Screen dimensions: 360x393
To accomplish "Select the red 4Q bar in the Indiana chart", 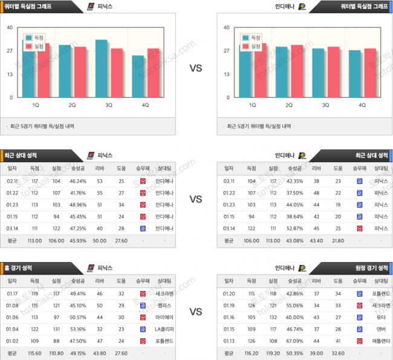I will coord(369,73).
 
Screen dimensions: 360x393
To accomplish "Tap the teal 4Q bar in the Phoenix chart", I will coord(138,76).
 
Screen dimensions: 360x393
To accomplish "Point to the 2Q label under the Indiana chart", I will coord(289,105).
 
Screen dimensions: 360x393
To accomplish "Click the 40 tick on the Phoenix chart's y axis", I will coord(10,28).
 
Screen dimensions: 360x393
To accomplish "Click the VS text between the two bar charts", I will coord(196,68).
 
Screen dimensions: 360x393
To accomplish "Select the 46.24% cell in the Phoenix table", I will coord(77,180).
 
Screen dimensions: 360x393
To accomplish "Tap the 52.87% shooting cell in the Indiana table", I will coord(294,228).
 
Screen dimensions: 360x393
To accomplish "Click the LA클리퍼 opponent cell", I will coord(164,329).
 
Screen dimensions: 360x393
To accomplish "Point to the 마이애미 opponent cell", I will coord(164,318).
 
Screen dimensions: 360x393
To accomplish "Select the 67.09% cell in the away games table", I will coord(294,341).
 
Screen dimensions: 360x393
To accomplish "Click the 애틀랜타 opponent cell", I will coord(381,341).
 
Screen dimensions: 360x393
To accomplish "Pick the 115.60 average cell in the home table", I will coord(34,353).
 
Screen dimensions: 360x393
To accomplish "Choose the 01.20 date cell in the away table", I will coord(230,293).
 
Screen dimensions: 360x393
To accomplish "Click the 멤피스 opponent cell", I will coord(164,306).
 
